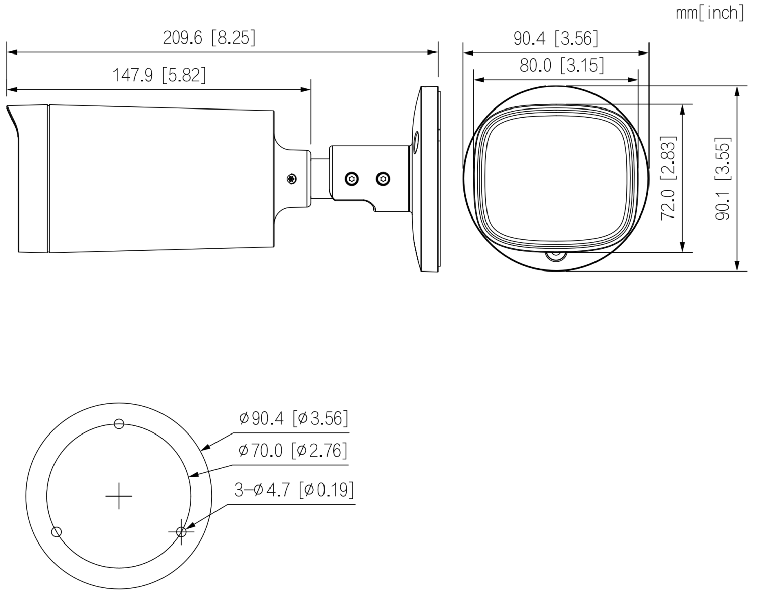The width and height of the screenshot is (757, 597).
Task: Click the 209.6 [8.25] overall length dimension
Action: [209, 38]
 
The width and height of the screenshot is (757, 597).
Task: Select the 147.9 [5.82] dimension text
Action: [158, 75]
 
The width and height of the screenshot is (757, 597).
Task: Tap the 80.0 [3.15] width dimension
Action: [562, 66]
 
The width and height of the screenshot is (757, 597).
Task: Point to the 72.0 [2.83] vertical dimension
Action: [668, 178]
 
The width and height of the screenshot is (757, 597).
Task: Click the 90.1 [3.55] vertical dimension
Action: [723, 178]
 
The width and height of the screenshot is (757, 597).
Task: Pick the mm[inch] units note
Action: [710, 13]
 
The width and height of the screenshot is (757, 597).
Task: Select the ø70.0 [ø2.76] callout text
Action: [293, 451]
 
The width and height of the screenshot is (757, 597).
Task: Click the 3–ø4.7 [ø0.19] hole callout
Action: [294, 490]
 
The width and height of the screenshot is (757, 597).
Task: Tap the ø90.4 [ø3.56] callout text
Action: [293, 418]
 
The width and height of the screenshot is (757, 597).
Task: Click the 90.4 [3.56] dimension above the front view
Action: [556, 38]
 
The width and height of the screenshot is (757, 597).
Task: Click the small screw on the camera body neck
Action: [292, 179]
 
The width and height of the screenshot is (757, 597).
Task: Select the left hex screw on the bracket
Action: [352, 179]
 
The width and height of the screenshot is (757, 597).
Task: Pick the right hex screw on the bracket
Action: [383, 179]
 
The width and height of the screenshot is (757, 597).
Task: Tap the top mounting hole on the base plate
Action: [119, 424]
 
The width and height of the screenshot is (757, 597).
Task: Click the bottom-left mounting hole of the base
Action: [57, 532]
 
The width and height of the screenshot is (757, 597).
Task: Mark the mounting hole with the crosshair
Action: [181, 532]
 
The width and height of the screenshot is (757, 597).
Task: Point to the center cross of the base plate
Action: [119, 496]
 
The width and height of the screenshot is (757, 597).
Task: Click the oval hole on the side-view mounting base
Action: [416, 142]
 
